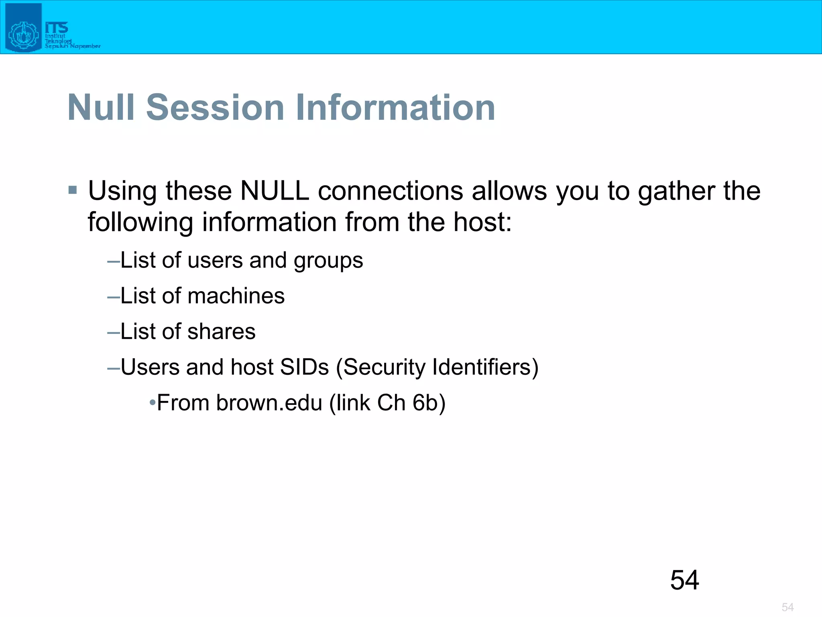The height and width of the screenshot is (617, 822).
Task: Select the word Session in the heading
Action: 215,107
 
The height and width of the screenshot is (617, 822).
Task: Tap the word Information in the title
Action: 395,107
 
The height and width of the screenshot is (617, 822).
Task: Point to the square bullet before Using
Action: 73,190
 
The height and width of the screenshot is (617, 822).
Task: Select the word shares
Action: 221,331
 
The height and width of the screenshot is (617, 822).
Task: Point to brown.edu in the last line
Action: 269,402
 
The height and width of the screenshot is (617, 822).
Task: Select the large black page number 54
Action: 684,580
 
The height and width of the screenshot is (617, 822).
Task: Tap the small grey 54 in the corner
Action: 787,607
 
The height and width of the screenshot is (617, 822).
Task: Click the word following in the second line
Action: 140,223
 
